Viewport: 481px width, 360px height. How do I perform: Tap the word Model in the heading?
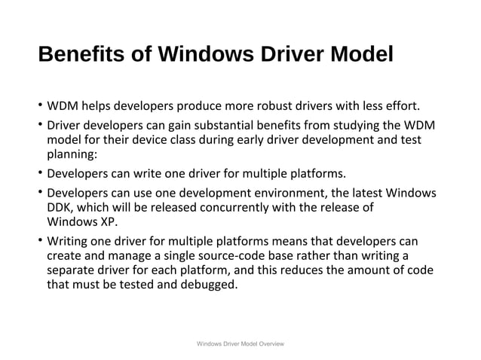point(359,56)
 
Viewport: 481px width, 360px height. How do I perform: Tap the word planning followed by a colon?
point(72,155)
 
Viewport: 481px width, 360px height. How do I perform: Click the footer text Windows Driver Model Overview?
point(240,343)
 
